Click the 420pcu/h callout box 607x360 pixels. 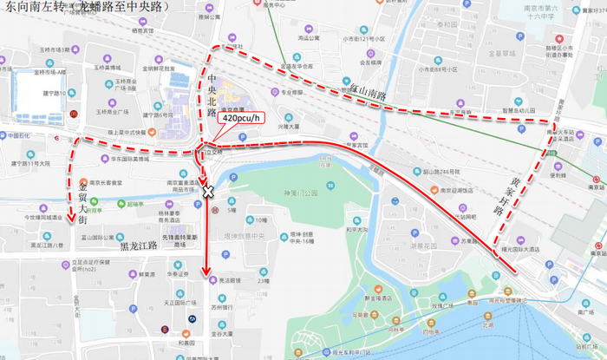click(x=244, y=116)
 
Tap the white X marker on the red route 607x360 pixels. click(x=207, y=190)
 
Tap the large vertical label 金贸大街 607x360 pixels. click(x=83, y=202)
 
